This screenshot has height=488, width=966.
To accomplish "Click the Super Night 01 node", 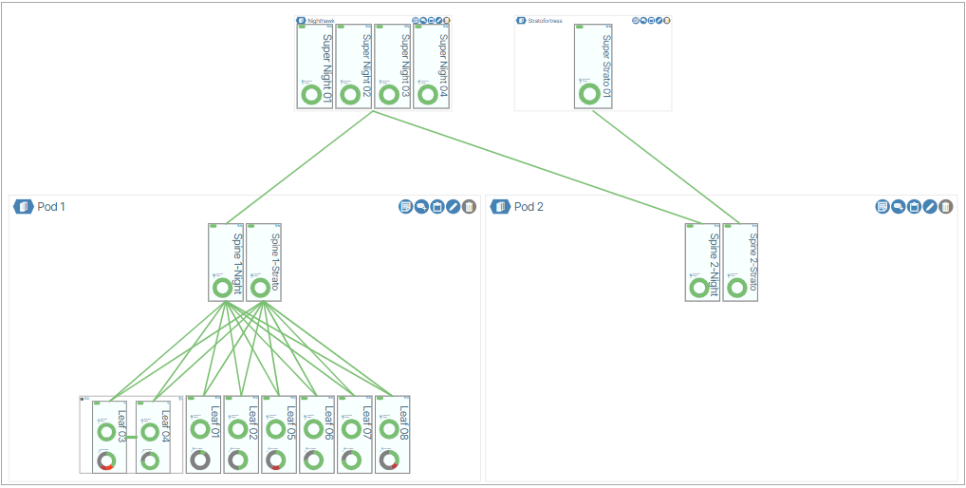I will coord(314,66).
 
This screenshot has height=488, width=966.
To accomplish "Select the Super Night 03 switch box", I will coord(392,66).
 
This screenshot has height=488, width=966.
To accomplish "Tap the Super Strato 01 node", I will coord(592,66).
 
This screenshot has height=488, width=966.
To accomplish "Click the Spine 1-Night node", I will coord(226,262).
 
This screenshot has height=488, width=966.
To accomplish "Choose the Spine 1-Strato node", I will coord(264,262).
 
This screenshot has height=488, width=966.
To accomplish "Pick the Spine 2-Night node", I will coord(702,262).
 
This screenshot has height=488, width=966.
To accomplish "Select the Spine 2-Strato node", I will coord(740,262).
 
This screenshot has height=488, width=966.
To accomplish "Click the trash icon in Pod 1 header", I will coord(469,206).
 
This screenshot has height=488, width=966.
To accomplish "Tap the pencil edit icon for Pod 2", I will coord(929,206).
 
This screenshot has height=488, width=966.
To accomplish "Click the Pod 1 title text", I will coord(51,206).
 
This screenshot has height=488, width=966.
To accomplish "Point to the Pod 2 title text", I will coord(529,206).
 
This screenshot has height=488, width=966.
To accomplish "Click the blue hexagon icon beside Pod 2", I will coord(500,206).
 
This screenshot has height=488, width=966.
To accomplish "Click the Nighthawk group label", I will coord(321,20).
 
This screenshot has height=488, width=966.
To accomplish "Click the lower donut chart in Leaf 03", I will coord(106,460).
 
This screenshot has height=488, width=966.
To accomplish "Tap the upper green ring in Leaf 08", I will coord(389,429).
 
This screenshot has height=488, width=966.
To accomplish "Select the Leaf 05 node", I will coord(279,435).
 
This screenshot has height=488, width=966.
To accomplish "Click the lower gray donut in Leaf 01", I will coord(200,460).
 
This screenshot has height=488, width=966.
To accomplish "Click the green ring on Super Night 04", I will coord(428,94).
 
